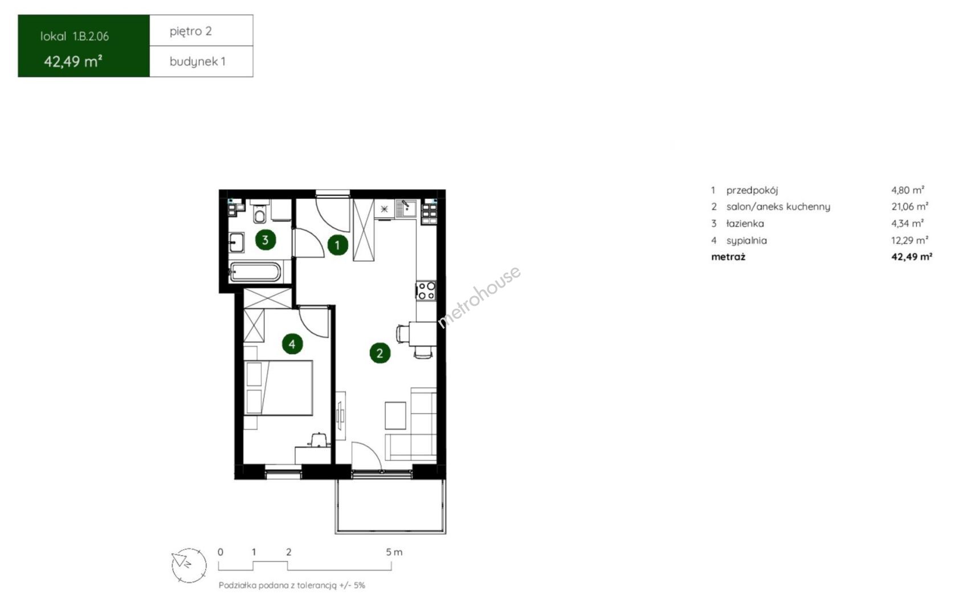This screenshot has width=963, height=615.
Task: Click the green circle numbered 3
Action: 266,240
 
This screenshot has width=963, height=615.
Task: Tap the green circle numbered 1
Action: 337,245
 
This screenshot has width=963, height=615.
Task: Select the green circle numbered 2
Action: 380,353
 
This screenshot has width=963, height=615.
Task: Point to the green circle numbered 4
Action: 292,344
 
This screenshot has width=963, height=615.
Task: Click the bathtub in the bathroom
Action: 255,272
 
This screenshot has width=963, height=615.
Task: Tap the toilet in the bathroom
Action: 259,213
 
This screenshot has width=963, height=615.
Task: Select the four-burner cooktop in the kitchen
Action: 426,290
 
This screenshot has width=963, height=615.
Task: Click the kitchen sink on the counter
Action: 406,209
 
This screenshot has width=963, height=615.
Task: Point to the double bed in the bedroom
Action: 278,388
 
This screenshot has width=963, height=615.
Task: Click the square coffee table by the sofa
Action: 395,416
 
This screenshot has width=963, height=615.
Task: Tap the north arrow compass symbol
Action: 189,565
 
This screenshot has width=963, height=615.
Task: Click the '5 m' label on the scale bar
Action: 394,552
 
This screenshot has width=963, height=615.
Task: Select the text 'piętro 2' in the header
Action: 190,31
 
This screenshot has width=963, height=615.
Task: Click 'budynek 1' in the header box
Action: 197,62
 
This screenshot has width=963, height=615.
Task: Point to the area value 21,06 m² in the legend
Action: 909,206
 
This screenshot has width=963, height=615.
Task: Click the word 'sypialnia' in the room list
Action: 746,241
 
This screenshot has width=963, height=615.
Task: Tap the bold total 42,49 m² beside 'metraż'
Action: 912,257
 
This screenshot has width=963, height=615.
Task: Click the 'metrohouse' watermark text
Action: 479,297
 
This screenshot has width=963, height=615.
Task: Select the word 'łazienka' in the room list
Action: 745,223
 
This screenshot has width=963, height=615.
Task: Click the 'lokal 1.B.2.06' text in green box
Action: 75,36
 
